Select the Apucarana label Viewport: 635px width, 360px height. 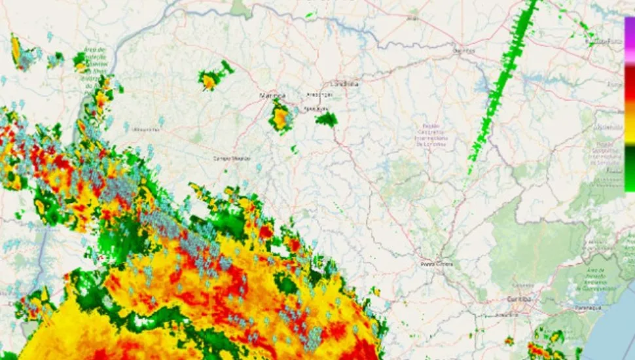coord(316,109)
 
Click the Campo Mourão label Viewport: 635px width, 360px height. coord(232,158)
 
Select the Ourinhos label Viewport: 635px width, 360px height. coord(463,50)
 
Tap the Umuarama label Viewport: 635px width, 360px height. coord(146,130)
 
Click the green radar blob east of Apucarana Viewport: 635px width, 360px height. coord(326,119)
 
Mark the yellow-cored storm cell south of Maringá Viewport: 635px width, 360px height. coord(281,118)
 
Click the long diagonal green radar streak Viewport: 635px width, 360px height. coord(504,85)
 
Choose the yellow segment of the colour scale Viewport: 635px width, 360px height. coord(629,131)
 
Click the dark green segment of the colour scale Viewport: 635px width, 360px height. coord(629,157)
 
